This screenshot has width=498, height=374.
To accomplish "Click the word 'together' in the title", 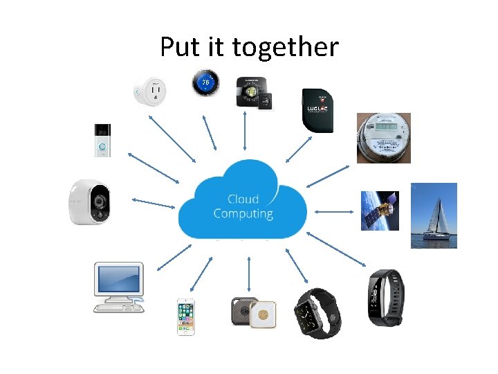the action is click(x=286, y=48).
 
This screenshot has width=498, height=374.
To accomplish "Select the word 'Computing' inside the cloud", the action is click(x=243, y=213).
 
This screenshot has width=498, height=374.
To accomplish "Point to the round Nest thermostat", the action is click(x=205, y=84).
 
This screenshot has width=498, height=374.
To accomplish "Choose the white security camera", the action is click(x=90, y=202).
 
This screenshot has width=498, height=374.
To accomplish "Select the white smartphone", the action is click(x=185, y=317).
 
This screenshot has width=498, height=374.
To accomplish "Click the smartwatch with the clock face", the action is click(x=317, y=314).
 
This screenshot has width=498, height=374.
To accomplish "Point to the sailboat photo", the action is click(x=434, y=215).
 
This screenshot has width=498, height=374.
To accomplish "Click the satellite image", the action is click(x=380, y=211).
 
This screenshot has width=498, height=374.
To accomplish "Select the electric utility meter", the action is click(x=383, y=138).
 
